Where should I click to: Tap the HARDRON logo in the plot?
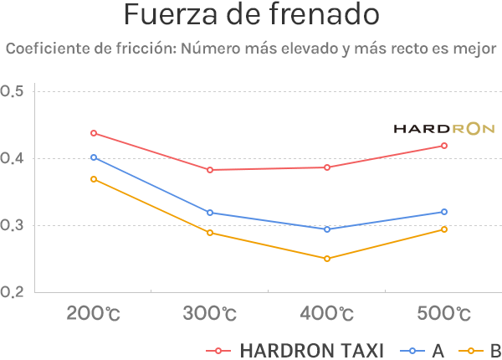tap(444, 129)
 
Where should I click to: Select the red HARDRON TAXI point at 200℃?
tap(94, 133)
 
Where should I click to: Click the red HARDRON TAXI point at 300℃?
tap(210, 170)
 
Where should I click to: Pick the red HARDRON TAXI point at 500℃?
tap(444, 146)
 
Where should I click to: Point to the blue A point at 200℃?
tap(94, 157)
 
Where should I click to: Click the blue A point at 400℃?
tap(327, 229)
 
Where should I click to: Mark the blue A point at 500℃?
tap(444, 212)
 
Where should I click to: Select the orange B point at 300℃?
tap(210, 233)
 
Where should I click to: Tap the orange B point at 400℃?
tap(327, 259)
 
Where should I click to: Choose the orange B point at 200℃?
tap(94, 179)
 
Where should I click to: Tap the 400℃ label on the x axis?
tap(327, 315)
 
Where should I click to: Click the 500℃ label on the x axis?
tap(444, 315)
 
